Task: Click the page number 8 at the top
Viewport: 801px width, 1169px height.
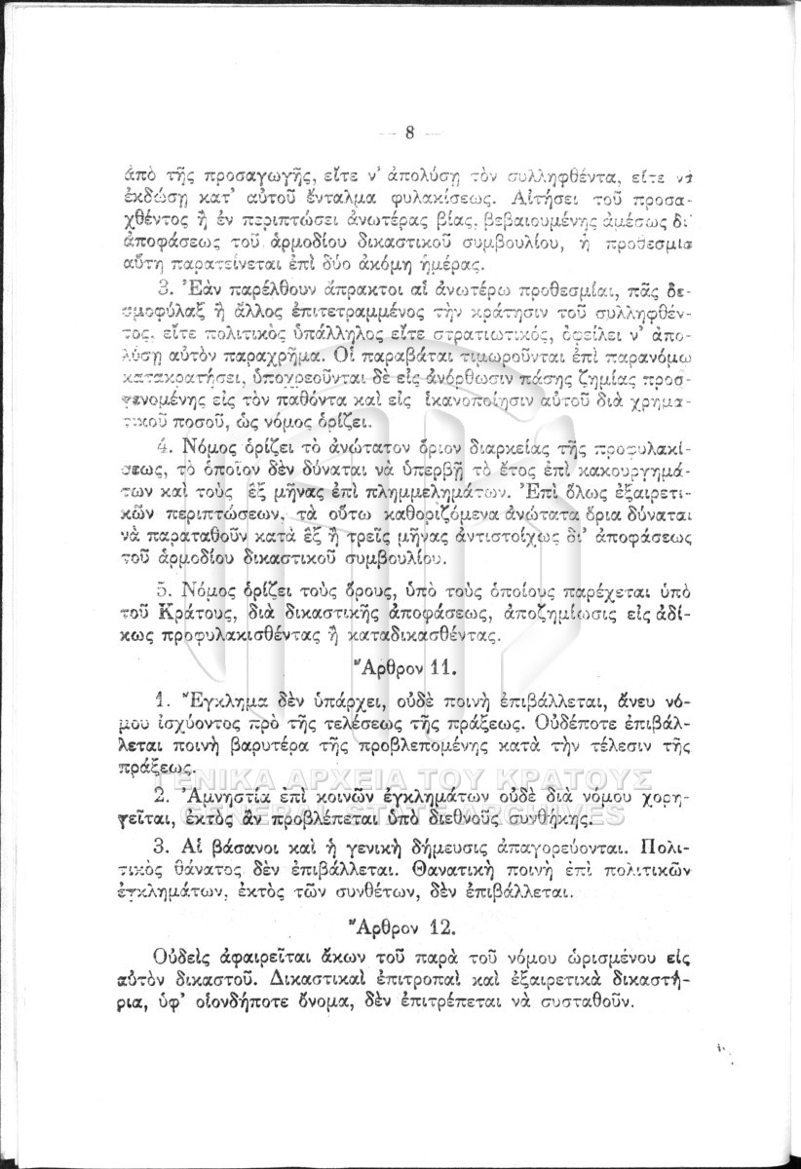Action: pyautogui.click(x=410, y=132)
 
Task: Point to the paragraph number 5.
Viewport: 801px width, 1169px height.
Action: pyautogui.click(x=163, y=591)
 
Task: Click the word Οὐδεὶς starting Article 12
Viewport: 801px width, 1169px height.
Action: pyautogui.click(x=188, y=952)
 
